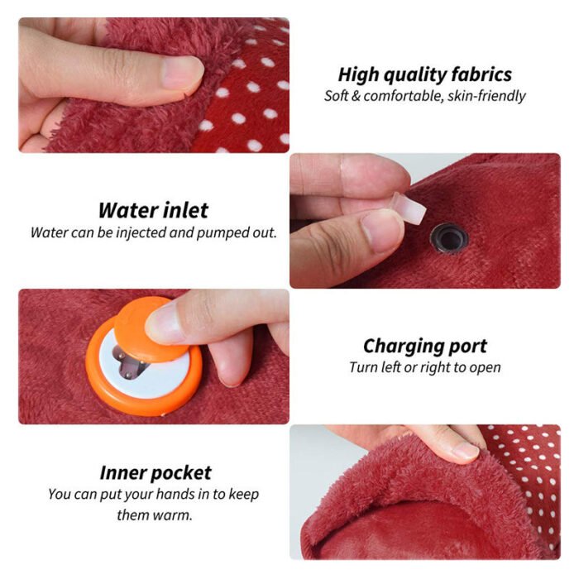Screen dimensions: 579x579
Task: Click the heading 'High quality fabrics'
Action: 424,74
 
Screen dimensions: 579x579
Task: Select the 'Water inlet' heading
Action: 153,210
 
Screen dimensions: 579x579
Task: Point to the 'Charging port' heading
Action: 424,346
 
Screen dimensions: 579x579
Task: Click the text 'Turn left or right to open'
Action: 424,367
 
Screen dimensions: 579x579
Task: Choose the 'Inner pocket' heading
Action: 155,473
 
